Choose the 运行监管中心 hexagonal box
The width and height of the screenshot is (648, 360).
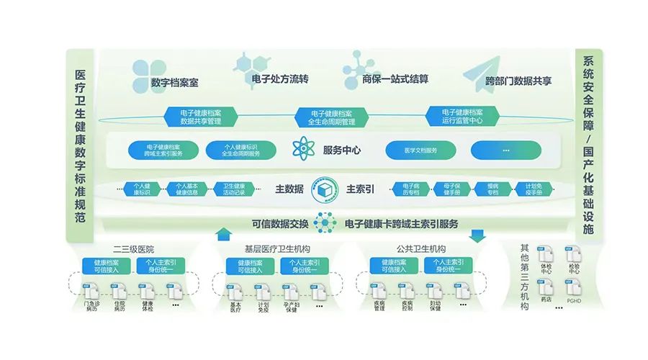(462, 117)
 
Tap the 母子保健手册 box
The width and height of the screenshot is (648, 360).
(452, 189)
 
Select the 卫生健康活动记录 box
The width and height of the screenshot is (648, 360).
(233, 189)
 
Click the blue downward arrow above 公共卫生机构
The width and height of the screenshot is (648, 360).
(477, 235)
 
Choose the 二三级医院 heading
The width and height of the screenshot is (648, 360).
(138, 248)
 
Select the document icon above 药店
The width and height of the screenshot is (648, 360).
(546, 286)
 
